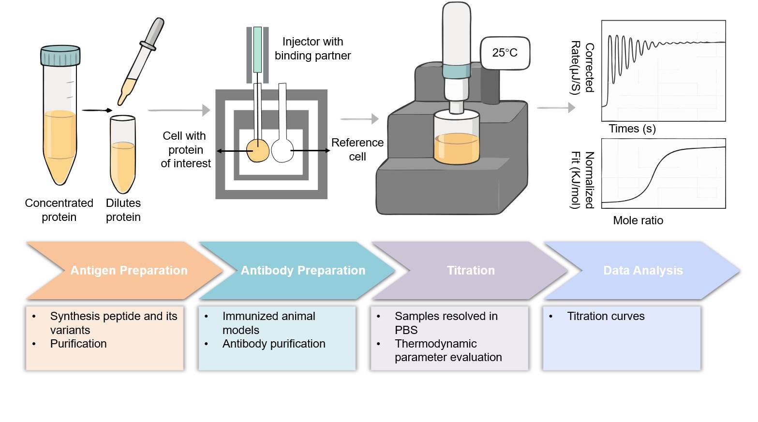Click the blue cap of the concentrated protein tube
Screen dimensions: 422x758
coord(60,56)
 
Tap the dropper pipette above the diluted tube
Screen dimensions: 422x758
coord(141,61)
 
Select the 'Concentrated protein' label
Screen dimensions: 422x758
coord(59,210)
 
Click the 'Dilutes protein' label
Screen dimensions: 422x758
coord(123,210)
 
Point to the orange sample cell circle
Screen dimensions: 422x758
coord(258,150)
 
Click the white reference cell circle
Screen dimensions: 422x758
coord(282,150)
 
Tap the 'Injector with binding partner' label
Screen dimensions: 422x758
coord(312,48)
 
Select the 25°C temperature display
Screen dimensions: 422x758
coord(505,53)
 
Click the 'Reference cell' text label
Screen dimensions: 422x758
coord(357,149)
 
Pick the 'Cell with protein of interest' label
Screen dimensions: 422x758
coord(186,149)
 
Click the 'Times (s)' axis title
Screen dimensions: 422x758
coord(632,129)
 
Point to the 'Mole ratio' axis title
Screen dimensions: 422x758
coord(638,220)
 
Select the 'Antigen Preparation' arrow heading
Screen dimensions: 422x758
coord(129,270)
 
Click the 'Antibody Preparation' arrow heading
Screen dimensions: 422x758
coord(303,270)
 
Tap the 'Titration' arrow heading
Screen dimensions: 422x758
coord(471,270)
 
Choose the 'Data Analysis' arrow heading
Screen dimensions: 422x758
coord(643,270)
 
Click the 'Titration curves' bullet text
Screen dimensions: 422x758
coord(606,316)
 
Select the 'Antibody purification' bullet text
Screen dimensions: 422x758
coord(274,344)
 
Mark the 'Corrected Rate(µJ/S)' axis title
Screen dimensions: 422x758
coord(582,68)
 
